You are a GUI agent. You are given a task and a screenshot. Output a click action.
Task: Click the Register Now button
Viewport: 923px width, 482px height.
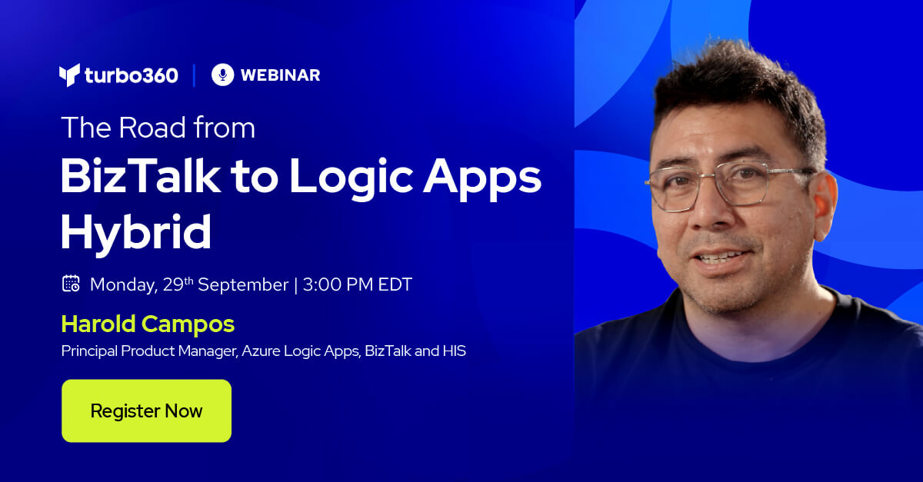tap(146, 411)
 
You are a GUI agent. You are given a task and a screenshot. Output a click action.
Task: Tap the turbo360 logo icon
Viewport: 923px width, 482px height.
tap(69, 75)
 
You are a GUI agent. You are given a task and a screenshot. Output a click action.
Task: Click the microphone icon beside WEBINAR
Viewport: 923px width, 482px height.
tap(222, 75)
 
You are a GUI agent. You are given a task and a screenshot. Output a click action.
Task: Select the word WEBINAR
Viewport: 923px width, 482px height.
tap(280, 75)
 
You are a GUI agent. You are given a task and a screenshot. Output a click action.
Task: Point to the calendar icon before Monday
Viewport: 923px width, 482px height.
tap(71, 284)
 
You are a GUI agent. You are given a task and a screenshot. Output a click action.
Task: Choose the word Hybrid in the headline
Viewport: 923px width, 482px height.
tap(136, 231)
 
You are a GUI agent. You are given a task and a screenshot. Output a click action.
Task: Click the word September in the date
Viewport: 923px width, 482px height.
tap(243, 284)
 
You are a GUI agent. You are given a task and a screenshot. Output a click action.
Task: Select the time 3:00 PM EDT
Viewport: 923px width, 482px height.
tap(358, 284)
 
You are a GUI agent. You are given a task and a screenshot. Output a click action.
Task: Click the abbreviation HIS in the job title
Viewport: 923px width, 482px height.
tap(454, 351)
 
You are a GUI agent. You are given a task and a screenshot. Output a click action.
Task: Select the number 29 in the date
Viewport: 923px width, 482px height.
tap(173, 285)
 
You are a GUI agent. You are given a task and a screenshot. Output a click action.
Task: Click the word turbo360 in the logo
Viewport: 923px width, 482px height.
tap(131, 75)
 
